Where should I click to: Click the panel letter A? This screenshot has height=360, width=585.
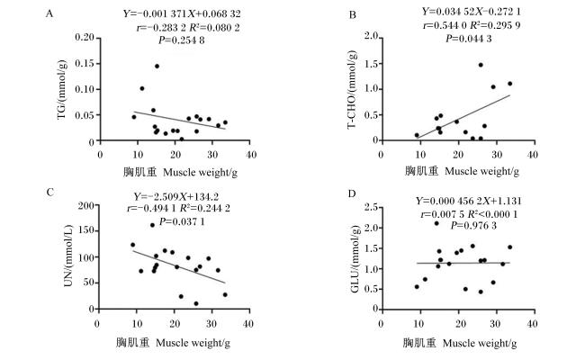[x=49, y=14]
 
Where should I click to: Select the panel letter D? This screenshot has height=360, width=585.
[x=352, y=194]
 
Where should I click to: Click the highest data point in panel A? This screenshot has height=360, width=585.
[x=157, y=66]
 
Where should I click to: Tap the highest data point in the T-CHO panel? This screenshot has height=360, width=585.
[x=481, y=65]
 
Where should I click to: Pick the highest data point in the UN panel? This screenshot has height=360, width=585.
[x=152, y=225]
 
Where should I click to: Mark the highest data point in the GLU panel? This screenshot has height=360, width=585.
[x=436, y=223]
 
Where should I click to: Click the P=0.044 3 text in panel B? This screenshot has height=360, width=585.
[x=469, y=39]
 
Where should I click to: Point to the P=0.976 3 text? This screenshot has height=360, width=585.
[x=473, y=226]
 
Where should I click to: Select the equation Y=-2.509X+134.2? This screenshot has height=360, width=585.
[x=176, y=196]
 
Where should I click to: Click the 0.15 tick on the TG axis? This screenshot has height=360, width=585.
[x=85, y=64]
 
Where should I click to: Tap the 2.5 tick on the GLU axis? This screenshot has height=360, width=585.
[x=370, y=207]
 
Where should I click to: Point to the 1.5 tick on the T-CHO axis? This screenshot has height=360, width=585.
[x=370, y=64]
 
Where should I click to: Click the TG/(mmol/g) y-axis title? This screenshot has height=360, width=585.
[x=62, y=89]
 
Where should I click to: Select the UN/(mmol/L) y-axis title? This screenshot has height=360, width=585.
[x=68, y=256]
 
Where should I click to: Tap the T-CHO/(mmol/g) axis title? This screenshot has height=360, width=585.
[x=352, y=89]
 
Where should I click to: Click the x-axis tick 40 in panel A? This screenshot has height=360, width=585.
[x=251, y=154]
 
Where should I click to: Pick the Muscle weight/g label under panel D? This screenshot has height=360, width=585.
[x=480, y=343]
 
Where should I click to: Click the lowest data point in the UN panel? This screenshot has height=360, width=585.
[x=196, y=303]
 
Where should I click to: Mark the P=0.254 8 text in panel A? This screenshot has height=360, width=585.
[x=181, y=40]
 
